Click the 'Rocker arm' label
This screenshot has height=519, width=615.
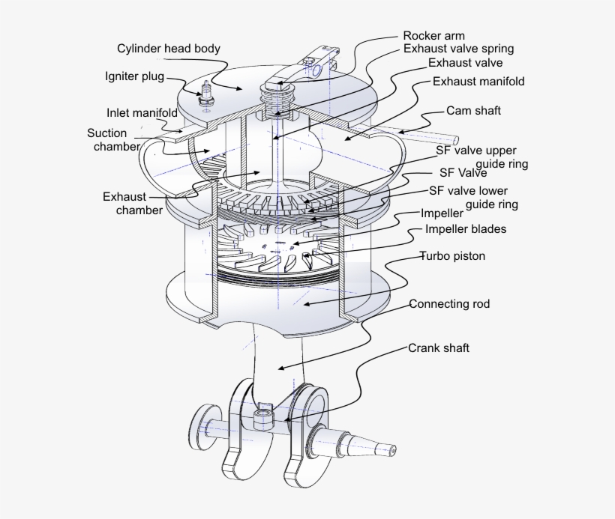433,35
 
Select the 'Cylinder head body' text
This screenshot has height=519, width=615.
169,49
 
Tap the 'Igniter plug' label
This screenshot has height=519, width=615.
134,76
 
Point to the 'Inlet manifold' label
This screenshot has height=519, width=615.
142,113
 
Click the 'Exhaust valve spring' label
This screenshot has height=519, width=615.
458,49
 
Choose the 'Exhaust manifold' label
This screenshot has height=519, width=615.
478,81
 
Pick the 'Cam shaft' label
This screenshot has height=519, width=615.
473,111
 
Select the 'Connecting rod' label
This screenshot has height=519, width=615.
449,304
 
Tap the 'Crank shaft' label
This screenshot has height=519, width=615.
439,348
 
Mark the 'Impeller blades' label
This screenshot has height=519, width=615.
466,229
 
